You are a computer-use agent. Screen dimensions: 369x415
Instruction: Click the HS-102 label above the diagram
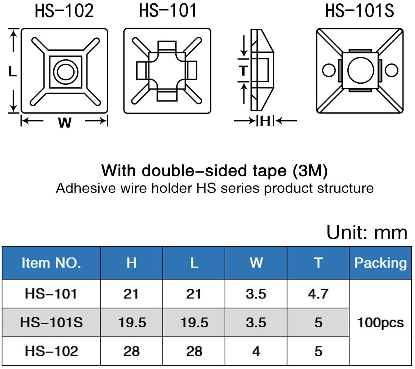point(64,11)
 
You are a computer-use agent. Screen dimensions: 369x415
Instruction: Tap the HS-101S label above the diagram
point(359,11)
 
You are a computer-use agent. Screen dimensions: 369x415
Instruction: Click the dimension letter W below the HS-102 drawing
point(64,123)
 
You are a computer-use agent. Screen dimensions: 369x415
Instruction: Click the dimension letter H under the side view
point(265,121)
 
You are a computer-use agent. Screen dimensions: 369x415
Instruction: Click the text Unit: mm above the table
point(366,233)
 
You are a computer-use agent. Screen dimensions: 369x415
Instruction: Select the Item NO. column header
point(51,263)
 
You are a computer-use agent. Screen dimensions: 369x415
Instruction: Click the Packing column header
point(380,263)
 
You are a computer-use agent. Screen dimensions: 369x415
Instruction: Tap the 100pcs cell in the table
point(380,323)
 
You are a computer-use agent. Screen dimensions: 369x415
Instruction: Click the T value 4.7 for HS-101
point(318,294)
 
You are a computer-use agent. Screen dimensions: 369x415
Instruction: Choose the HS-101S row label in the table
point(51,323)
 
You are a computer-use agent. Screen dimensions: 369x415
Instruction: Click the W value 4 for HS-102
point(256,351)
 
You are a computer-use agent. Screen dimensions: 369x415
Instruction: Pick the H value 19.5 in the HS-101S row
point(132,323)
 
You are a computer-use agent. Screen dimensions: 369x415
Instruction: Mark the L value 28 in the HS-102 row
point(194,351)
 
